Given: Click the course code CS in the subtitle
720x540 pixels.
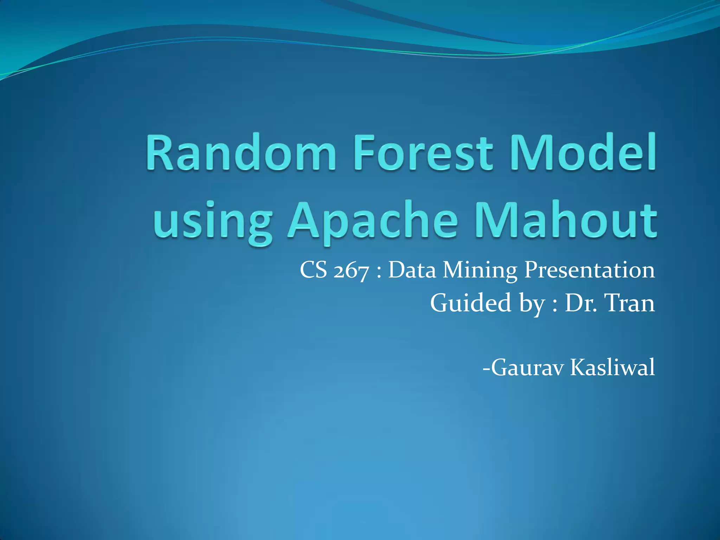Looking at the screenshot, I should click(x=314, y=271).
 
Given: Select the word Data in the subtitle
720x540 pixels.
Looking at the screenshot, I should click(x=412, y=271).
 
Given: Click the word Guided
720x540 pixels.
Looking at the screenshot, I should click(x=471, y=303).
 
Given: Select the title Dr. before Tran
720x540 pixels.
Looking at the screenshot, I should click(x=580, y=303).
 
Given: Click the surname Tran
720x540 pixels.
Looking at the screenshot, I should click(x=629, y=303).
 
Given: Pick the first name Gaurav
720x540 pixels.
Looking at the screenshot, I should click(x=527, y=368).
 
